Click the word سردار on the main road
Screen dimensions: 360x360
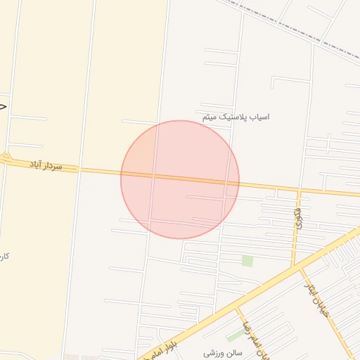52,167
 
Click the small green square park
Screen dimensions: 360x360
247,261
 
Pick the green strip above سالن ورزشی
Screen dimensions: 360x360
235,335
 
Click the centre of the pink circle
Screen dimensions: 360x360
180,180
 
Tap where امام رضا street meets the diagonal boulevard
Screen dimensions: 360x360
237,307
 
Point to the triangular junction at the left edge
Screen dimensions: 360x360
6,157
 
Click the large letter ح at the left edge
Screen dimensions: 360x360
3,105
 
